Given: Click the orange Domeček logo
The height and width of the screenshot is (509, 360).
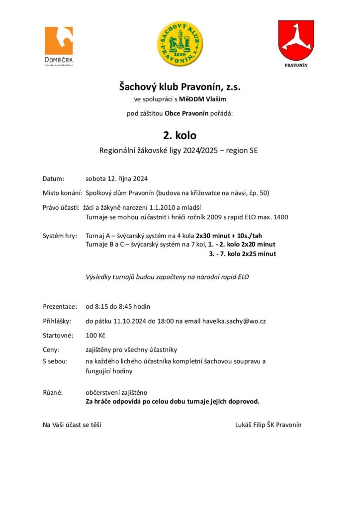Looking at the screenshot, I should click(59, 44).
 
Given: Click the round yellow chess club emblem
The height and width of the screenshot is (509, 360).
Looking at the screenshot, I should click(180, 44).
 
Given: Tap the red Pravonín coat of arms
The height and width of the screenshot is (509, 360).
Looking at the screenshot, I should click(296, 41).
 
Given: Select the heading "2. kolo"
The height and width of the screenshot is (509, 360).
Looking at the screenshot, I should click(180, 135).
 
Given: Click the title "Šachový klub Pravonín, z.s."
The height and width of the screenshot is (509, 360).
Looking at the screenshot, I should click(180, 87).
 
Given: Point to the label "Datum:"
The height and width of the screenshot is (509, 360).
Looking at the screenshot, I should click(54, 178).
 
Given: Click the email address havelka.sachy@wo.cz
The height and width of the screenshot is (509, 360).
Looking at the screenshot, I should click(234, 321).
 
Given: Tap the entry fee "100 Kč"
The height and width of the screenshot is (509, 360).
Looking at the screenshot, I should click(94, 336).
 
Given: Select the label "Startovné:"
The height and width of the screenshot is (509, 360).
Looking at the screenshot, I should click(58, 336).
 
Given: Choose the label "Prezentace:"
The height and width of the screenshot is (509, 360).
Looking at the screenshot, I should click(60, 306).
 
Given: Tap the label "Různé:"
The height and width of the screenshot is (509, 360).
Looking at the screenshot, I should click(53, 393).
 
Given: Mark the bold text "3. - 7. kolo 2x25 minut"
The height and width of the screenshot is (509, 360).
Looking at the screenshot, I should click(242, 254).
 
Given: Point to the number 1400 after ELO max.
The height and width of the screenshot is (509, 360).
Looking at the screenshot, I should click(280, 217).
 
